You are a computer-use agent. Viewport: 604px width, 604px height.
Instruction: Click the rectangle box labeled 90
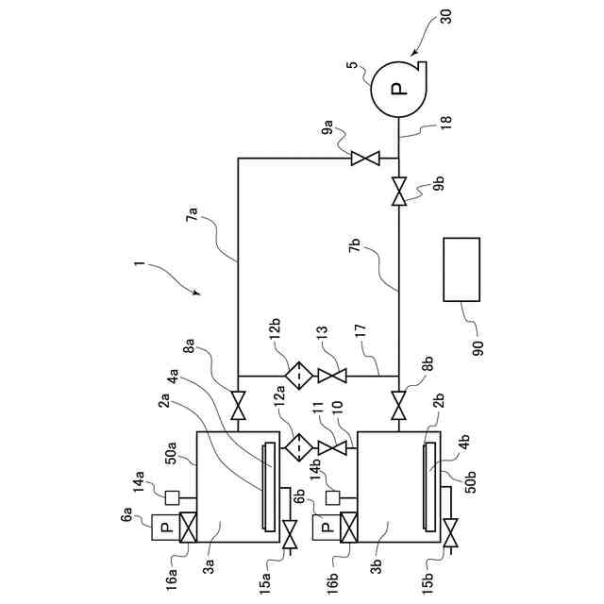click(461, 270)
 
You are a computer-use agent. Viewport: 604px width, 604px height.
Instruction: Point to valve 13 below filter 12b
click(332, 375)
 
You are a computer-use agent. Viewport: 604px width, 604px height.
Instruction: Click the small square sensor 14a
click(172, 497)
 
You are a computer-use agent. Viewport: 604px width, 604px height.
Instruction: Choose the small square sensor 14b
click(333, 497)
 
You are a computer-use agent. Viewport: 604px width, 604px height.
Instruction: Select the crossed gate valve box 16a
click(187, 528)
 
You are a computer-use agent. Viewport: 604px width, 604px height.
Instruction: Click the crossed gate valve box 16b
click(347, 528)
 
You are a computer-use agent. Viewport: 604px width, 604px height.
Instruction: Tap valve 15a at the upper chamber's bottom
click(289, 540)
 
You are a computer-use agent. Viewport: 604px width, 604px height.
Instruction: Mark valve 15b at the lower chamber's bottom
click(450, 540)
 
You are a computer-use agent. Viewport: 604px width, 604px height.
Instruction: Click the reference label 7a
click(194, 220)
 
